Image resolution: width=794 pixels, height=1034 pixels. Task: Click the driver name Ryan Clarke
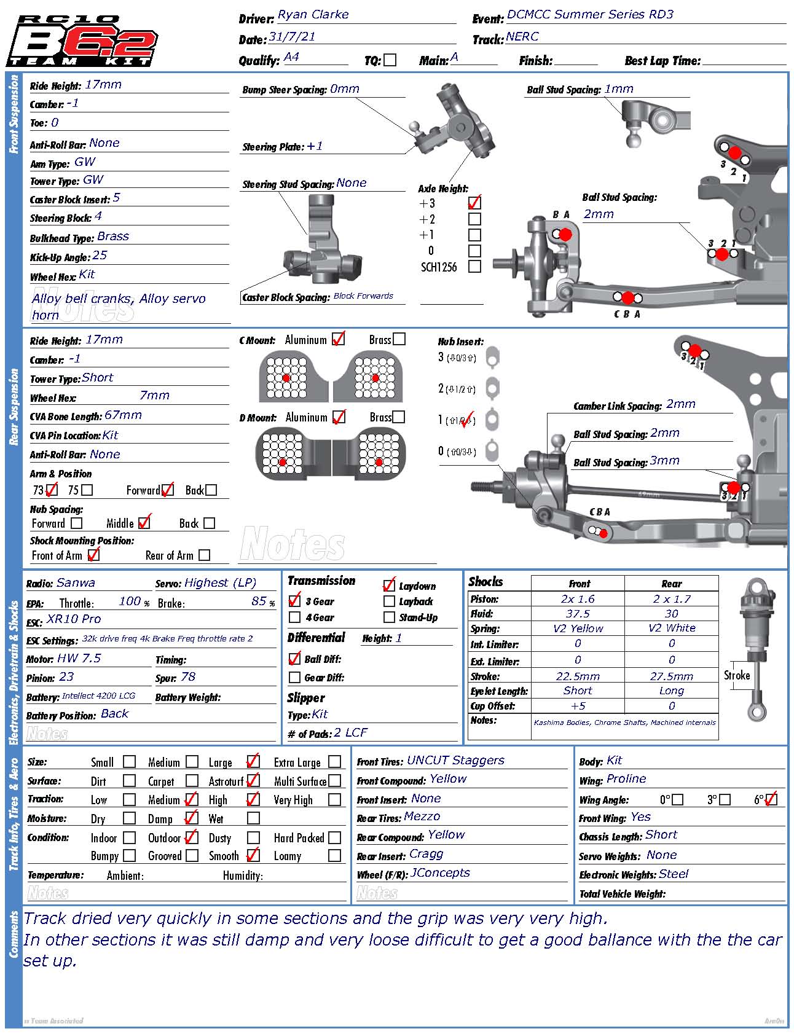pos(313,15)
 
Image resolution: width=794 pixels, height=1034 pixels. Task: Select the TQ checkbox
pos(390,60)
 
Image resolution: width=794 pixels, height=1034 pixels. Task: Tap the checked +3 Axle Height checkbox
pos(474,203)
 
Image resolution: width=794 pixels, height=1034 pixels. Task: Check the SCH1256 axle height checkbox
pos(474,267)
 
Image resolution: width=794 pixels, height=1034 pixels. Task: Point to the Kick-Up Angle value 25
pos(100,255)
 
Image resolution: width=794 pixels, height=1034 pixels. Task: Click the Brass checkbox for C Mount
pos(399,339)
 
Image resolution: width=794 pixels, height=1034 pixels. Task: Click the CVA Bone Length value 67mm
pos(123,415)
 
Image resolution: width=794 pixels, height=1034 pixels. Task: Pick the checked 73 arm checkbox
pos(52,490)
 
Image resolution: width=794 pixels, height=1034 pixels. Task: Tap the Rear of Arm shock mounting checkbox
pos(205,555)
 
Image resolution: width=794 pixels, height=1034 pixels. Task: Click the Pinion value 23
pos(66,677)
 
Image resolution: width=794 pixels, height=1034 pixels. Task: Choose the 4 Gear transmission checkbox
pos(295,617)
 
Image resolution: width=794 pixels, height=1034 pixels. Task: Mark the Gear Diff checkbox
pos(295,678)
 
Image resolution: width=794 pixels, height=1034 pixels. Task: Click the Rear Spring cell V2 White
pos(672,628)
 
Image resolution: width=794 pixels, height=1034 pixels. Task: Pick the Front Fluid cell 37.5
pos(578,614)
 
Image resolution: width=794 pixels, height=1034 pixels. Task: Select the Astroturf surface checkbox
pos(253,781)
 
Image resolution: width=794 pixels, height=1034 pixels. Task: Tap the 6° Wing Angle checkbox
pos(772,800)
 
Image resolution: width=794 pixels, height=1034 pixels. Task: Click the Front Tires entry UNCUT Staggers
pos(455,761)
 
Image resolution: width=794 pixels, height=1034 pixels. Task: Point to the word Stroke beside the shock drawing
pos(737,675)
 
